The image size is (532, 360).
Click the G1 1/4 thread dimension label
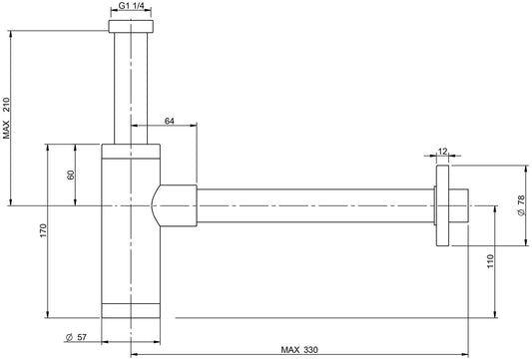[131, 6]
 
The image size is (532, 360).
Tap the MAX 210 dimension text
[7, 118]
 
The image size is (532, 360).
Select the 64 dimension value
[170, 121]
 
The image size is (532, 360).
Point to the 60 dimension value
[71, 175]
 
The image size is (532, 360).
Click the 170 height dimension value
[43, 230]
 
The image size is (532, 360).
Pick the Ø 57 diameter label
[76, 337]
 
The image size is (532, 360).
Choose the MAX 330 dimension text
[299, 349]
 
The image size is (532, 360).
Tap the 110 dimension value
[491, 261]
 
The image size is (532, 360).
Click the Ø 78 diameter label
[521, 205]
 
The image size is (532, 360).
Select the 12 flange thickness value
[443, 152]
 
